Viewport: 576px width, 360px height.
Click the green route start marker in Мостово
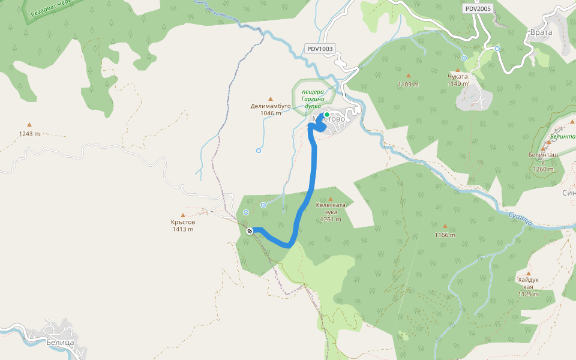[x=327, y=114]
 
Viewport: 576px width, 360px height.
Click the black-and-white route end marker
[x=250, y=231]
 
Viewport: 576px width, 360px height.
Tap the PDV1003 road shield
[x=319, y=49]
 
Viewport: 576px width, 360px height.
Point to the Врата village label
[x=540, y=34]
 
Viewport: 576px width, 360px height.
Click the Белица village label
[x=59, y=343]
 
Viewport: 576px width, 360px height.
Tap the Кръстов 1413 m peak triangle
[x=182, y=215]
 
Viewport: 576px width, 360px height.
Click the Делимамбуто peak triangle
[x=270, y=99]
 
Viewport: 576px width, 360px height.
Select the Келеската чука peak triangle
[x=330, y=199]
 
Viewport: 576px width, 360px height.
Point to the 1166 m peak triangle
[x=445, y=227]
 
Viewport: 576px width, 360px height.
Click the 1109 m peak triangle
[x=408, y=76]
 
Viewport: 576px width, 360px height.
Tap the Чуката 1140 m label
[x=457, y=80]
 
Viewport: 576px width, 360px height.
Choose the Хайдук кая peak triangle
[x=528, y=273]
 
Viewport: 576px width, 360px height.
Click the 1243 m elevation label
[x=29, y=134]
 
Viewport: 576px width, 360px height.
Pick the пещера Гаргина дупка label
[x=313, y=98]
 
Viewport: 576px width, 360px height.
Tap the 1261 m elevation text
[x=330, y=219]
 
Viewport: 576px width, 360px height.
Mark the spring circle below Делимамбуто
[x=259, y=151]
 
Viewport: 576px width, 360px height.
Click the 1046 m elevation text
[x=271, y=113]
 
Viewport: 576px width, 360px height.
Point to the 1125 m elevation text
[x=528, y=294]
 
